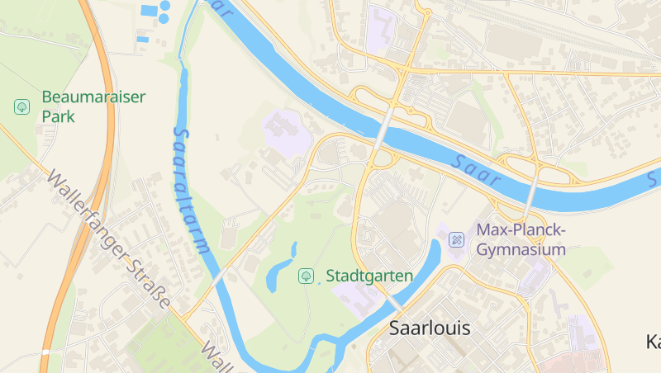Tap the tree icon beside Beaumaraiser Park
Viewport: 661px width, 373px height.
(x=21, y=106)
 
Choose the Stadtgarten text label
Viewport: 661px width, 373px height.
(x=369, y=276)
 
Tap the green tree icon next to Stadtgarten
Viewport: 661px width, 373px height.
(x=306, y=275)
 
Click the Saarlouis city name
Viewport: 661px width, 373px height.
(x=429, y=328)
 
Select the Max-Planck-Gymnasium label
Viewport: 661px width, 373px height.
(x=521, y=239)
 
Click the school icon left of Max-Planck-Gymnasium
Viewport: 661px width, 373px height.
(x=456, y=240)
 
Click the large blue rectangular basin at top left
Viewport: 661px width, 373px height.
(x=149, y=11)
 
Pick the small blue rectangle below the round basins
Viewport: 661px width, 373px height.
(x=143, y=39)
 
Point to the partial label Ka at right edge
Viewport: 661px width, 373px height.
(x=652, y=341)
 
